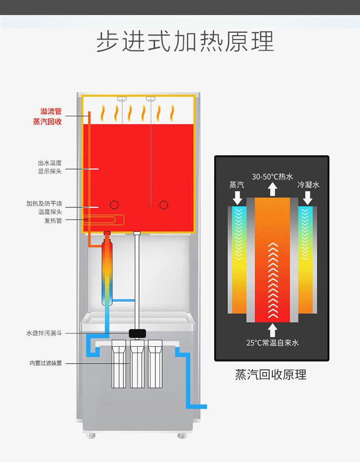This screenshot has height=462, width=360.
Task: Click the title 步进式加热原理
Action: (x=185, y=42)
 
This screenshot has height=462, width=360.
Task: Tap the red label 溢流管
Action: (x=51, y=112)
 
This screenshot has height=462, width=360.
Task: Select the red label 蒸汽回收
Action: (x=47, y=122)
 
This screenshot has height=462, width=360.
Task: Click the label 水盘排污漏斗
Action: (x=44, y=334)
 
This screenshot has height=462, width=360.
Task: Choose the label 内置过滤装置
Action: (x=46, y=363)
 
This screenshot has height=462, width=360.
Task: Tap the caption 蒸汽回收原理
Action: (x=271, y=375)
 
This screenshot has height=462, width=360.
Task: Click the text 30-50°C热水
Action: (x=273, y=176)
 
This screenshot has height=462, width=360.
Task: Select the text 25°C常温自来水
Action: (x=273, y=343)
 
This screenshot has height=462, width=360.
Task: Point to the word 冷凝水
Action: (x=309, y=185)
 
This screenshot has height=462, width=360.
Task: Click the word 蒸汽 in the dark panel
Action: (x=237, y=185)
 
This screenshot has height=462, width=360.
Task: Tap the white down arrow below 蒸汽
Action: (x=237, y=198)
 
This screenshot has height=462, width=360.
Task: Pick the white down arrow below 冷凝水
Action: (x=308, y=198)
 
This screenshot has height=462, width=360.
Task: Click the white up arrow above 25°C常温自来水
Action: (x=273, y=329)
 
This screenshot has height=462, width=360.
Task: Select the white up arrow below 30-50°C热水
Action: (x=273, y=189)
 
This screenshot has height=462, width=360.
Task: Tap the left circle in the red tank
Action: (x=114, y=205)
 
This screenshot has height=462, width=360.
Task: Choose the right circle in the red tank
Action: (x=164, y=205)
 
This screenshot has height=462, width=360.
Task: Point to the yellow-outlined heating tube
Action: (x=104, y=220)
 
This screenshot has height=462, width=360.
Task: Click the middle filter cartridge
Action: (x=137, y=364)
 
